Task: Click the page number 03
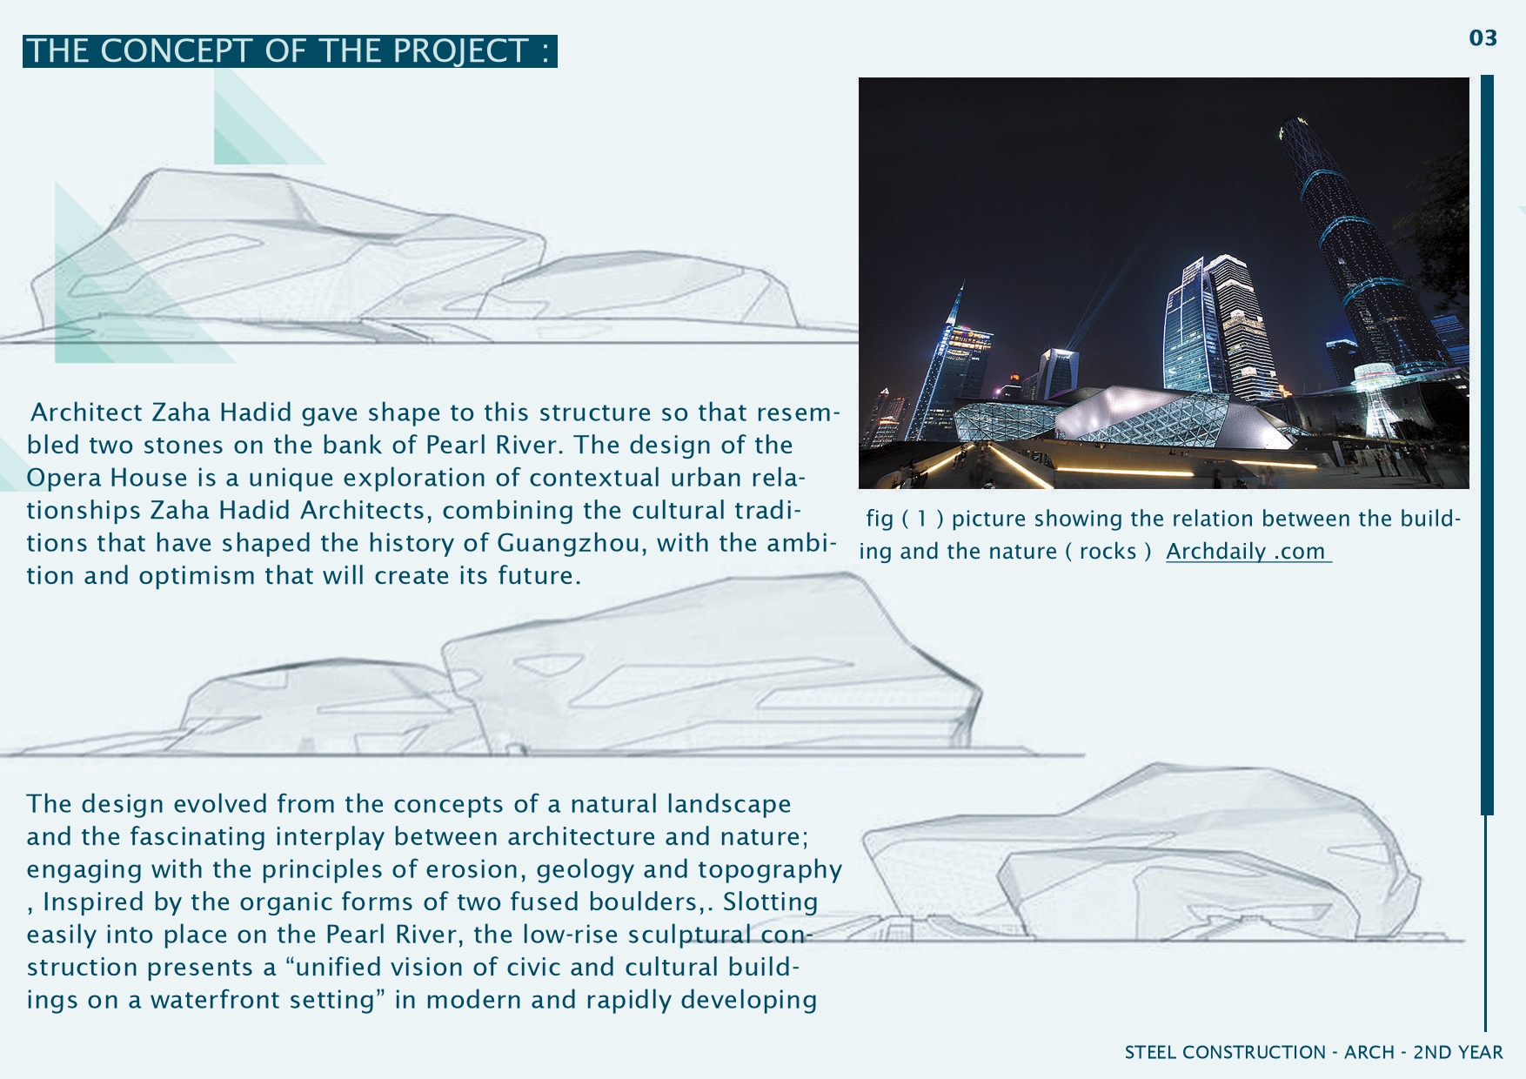[x=1483, y=38]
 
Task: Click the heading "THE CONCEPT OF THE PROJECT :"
[x=290, y=51]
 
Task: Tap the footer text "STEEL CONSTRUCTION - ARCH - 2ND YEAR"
[x=1314, y=1052]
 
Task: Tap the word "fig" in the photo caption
[x=880, y=519]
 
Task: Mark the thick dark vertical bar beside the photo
[x=1487, y=445]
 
